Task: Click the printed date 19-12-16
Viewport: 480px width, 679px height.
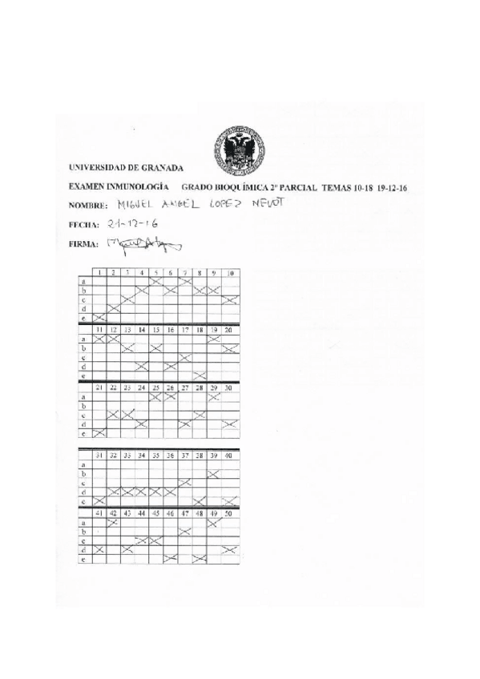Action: [x=389, y=187]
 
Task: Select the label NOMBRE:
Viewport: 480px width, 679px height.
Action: [x=88, y=206]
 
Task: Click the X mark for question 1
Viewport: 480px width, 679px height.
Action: [x=99, y=318]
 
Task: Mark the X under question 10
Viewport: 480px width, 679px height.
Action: [x=231, y=299]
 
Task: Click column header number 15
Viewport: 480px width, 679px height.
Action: [x=156, y=329]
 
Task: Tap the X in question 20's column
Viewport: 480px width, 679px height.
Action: [x=231, y=348]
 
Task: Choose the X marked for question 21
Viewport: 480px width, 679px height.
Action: [x=99, y=433]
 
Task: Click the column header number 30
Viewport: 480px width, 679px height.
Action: [x=231, y=388]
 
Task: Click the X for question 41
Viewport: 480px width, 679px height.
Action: [x=99, y=549]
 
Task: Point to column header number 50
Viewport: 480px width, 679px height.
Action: [x=231, y=512]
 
